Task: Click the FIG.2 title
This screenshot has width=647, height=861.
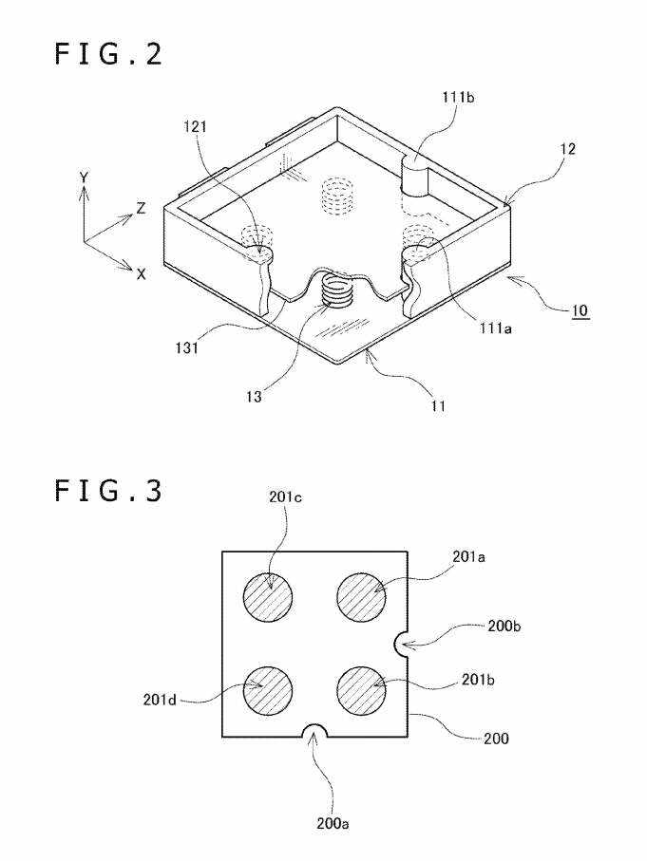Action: pyautogui.click(x=109, y=55)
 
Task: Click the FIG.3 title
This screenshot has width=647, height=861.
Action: pyautogui.click(x=109, y=491)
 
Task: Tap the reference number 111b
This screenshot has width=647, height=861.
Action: pyautogui.click(x=459, y=98)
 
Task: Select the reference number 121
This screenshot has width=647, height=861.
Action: pyautogui.click(x=195, y=127)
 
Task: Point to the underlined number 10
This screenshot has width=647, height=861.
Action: pyautogui.click(x=580, y=310)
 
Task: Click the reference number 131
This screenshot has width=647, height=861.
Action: pyautogui.click(x=186, y=347)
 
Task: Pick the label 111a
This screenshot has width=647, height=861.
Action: pyautogui.click(x=495, y=328)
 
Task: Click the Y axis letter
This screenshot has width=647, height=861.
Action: pyautogui.click(x=84, y=178)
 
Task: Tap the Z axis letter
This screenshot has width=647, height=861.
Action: pyautogui.click(x=142, y=208)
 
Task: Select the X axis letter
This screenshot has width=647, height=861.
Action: pyautogui.click(x=142, y=274)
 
